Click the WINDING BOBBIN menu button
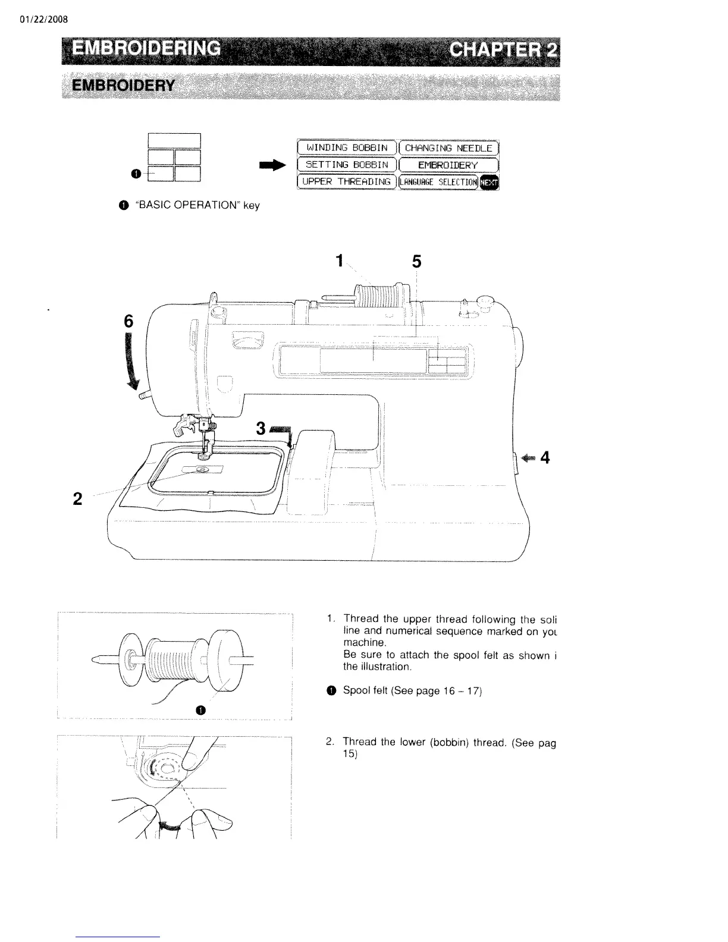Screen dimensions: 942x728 click(x=346, y=147)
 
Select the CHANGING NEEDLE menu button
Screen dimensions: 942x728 click(x=448, y=147)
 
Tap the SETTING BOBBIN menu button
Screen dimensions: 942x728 click(x=346, y=164)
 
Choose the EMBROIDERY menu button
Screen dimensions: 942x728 click(x=448, y=165)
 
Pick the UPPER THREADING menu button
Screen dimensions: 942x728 click(x=346, y=181)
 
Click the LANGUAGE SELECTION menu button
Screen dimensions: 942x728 click(x=439, y=181)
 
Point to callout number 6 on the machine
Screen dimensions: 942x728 click(x=128, y=322)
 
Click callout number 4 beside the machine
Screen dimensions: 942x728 click(x=545, y=457)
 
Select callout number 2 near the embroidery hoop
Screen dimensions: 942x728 click(x=77, y=498)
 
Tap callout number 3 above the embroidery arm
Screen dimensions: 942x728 click(x=261, y=428)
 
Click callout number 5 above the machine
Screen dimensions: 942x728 click(x=416, y=261)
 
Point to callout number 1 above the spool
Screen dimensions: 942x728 click(x=339, y=260)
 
